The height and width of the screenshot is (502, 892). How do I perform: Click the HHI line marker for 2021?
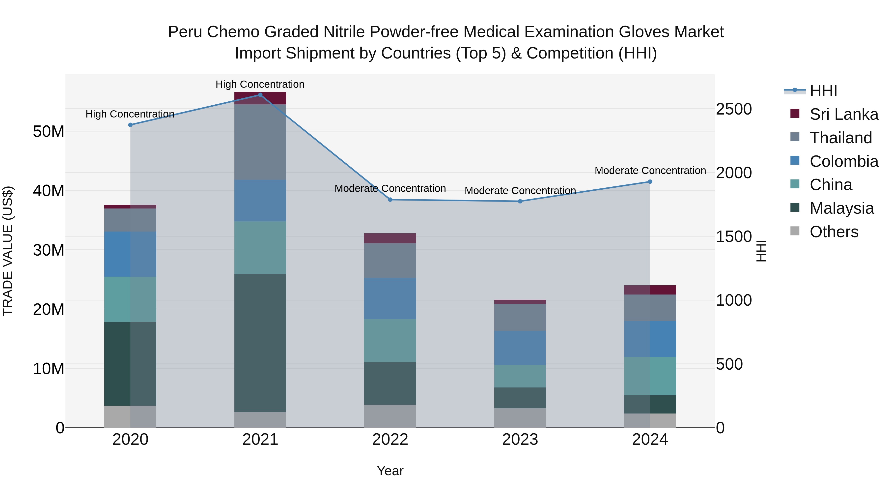coord(260,95)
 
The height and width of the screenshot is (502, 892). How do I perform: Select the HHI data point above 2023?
coord(520,201)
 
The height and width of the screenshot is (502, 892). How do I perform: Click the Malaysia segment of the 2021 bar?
coord(260,343)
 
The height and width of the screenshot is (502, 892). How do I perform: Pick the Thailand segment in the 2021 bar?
coord(260,142)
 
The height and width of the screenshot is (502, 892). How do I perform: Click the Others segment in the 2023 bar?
coord(520,418)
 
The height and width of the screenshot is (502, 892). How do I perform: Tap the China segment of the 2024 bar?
coord(650,376)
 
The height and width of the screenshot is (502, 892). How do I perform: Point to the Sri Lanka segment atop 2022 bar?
coord(390,238)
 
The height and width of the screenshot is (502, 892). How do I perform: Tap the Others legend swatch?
coord(795,231)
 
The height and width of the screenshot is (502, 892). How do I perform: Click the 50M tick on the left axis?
coord(49,132)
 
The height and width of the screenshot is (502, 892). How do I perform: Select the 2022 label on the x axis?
coord(390,440)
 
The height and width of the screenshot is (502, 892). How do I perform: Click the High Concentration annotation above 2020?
coord(130,114)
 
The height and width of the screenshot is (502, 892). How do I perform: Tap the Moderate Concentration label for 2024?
coord(650,171)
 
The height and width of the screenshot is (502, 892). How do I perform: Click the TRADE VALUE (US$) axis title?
coord(8,251)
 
